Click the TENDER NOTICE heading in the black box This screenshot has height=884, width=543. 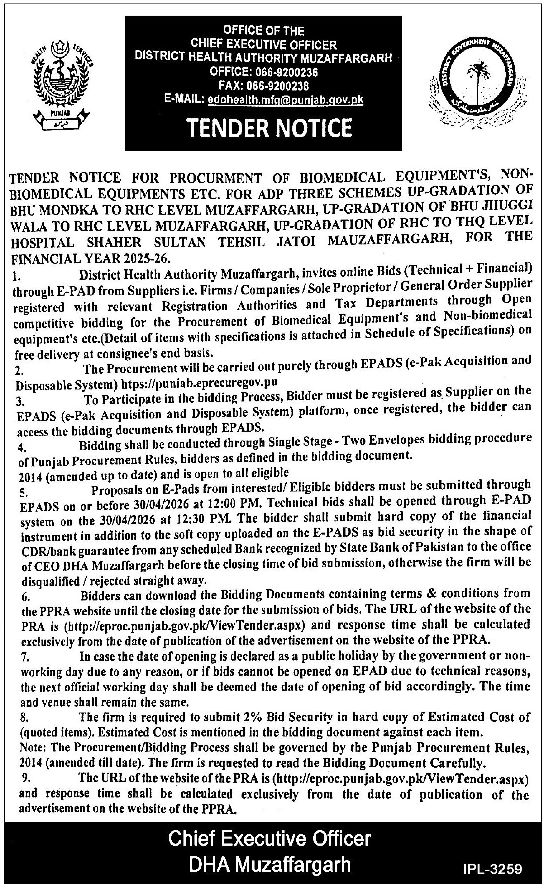[269, 128]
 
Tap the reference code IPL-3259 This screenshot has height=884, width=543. [492, 869]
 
